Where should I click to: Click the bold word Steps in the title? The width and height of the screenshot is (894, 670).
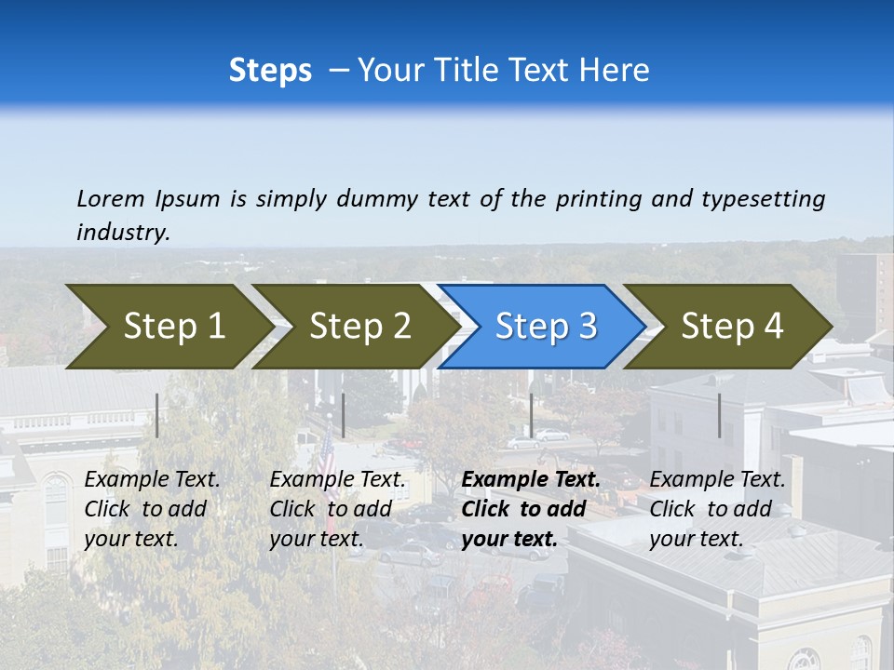tap(270, 71)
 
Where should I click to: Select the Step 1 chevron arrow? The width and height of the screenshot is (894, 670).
tap(168, 327)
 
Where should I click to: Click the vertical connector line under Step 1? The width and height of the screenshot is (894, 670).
tap(157, 415)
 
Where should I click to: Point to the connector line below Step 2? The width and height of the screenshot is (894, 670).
tap(344, 415)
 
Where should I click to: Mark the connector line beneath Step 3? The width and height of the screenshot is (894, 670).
tap(531, 415)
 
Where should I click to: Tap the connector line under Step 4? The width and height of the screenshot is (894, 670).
tap(719, 415)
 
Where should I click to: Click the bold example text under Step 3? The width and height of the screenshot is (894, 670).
tap(530, 509)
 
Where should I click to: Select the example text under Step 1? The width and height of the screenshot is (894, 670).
tap(152, 509)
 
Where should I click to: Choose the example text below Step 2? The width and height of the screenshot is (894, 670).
tap(337, 509)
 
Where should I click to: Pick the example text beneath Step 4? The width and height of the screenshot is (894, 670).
tap(717, 509)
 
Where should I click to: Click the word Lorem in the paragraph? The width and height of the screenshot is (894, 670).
tap(111, 198)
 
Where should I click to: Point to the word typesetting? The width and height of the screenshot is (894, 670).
tap(763, 199)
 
